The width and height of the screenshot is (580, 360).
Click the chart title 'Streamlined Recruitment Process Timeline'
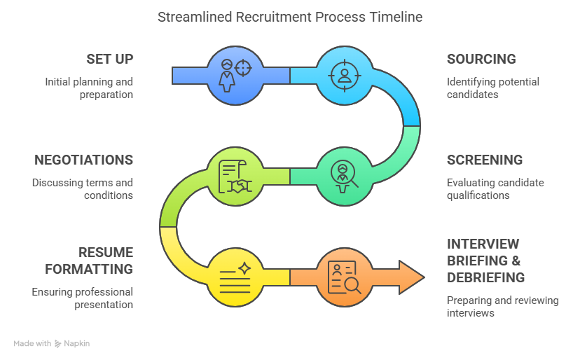pos(290,16)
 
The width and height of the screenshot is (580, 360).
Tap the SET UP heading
pos(110,59)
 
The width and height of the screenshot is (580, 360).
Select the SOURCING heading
pos(481,59)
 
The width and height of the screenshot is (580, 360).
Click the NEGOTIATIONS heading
pos(83,160)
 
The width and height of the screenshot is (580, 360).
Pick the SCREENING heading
pos(485,160)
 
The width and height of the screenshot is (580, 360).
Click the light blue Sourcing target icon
pos(343,74)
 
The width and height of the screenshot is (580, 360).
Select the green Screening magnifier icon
pos(343,175)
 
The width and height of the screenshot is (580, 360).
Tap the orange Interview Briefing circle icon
pos(343,276)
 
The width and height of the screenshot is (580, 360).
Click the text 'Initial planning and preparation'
pos(89,88)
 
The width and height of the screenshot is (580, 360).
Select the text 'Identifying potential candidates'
pos(493,88)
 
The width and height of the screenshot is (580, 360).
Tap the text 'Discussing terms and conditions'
pos(83,188)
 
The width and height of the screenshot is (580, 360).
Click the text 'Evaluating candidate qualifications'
pos(495,188)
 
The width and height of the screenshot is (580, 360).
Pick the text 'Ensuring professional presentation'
pos(83,298)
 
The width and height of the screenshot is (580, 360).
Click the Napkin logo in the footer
pos(72,344)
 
